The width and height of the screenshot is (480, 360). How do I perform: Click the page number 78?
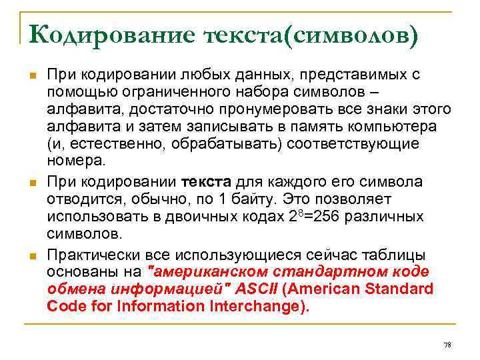447,344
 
